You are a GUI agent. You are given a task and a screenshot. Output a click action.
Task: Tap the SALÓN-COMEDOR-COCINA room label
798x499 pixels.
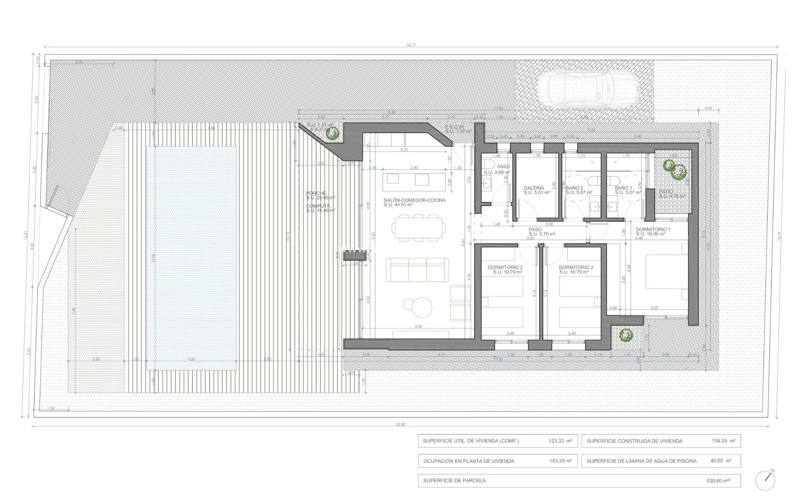414,200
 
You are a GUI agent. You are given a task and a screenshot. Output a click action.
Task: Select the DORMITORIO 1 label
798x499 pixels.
653,230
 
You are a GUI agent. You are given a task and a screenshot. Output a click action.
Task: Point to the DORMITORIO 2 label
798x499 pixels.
576,267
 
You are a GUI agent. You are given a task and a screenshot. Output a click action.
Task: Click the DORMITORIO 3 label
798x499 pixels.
505,267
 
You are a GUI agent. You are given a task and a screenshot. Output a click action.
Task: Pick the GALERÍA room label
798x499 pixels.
534,188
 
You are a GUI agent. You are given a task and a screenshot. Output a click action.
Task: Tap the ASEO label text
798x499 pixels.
503,166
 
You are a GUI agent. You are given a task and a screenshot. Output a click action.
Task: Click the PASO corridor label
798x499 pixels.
535,230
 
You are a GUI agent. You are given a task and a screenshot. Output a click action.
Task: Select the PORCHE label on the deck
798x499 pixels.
316,193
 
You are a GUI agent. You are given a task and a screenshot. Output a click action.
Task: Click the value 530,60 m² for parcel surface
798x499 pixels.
718,481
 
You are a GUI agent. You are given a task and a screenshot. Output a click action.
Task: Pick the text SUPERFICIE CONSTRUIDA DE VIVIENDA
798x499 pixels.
634,441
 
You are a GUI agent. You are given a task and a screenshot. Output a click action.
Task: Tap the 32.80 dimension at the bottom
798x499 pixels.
400,425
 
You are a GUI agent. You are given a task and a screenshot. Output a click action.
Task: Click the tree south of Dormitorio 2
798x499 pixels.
625,334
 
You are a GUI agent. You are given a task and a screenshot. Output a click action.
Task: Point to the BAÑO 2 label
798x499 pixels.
574,188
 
